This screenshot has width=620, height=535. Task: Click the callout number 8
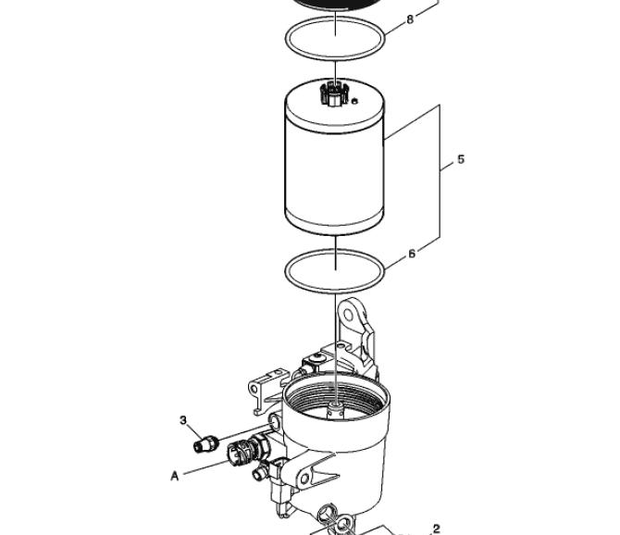pos(410,19)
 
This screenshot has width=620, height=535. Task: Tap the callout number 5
pos(461,159)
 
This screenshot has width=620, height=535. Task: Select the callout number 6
pos(412,254)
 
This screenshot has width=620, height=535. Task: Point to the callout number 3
pos(182,420)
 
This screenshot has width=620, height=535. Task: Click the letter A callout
pos(174,477)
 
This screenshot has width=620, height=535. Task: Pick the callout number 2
pos(437,529)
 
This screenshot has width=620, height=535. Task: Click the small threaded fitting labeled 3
pos(206,444)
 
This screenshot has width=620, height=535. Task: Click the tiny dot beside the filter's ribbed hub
pos(354,101)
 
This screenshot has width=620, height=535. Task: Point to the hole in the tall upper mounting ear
pos(348,315)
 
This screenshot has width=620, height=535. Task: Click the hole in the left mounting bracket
pos(254,390)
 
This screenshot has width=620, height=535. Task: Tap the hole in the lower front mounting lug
pos(304,479)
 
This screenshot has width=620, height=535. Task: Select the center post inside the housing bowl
pos(336,410)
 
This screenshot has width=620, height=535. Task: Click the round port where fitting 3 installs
pos(275,422)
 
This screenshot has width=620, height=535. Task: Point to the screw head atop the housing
pos(316,358)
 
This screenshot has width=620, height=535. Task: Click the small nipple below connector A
pos(260,472)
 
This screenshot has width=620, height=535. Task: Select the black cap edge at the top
pos(335,4)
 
